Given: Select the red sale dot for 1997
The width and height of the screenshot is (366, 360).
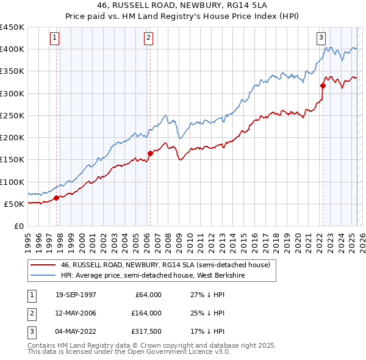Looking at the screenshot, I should click(57, 197).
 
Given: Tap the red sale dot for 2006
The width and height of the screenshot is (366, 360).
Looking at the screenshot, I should click(150, 153).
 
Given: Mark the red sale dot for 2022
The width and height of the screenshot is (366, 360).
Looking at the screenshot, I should click(323, 85).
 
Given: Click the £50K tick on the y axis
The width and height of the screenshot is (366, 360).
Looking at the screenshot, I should click(15, 204).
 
